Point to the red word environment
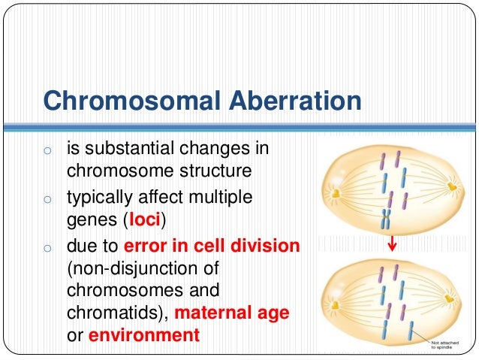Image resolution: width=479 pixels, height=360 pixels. point(144,334)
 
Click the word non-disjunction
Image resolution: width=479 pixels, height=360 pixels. point(127,268)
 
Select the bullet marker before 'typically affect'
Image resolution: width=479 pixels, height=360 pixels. point(47,201)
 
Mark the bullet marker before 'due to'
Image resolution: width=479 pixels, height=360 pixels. point(47,247)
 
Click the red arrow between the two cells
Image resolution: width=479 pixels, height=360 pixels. point(391,246)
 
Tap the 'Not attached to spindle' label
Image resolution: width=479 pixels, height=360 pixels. point(448,343)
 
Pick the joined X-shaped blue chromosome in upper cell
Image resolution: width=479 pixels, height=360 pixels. point(386,218)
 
